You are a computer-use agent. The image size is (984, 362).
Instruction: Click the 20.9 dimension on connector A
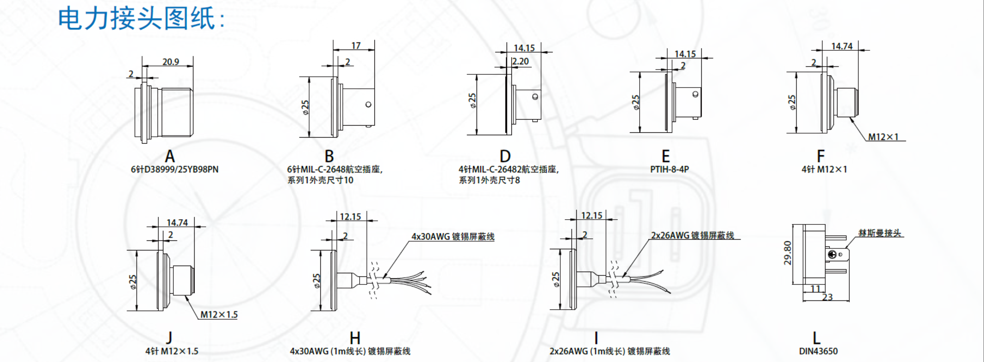(171, 62)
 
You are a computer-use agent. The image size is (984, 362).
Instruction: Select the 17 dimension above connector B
(356, 46)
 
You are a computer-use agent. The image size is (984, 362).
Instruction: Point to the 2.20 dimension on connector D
(521, 62)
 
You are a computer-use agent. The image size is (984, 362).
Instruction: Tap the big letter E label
(666, 156)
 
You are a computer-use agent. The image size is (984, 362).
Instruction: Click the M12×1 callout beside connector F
(883, 137)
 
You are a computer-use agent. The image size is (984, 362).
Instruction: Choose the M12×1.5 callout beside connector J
(219, 315)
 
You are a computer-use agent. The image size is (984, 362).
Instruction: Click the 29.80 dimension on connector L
(788, 253)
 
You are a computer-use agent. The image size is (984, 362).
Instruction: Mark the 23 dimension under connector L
(827, 297)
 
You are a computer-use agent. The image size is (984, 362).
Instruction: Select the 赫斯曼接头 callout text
(879, 233)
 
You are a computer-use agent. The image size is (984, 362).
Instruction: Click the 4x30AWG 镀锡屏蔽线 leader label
(453, 237)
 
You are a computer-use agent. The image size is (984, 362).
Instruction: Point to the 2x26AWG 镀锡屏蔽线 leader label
(692, 236)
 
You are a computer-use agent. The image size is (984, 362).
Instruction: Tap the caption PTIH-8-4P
(669, 169)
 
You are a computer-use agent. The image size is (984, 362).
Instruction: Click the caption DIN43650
(818, 351)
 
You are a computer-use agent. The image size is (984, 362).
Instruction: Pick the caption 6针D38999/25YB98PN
(175, 169)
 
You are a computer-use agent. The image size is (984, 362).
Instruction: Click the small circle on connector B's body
(368, 105)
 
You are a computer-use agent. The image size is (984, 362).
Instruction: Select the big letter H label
(355, 338)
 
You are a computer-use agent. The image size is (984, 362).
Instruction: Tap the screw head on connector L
(832, 254)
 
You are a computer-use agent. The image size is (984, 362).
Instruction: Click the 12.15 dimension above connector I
(592, 216)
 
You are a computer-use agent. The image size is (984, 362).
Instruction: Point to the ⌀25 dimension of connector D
(473, 101)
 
